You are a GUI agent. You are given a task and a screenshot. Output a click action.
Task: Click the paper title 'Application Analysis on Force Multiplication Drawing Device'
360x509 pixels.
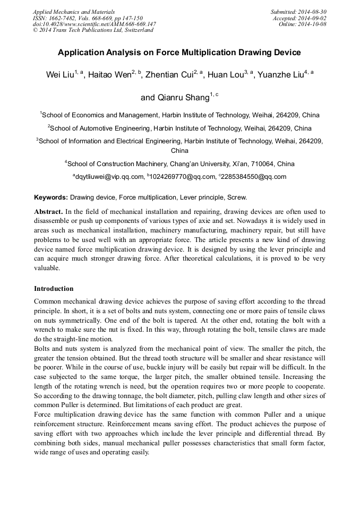pyautogui.click(x=179, y=53)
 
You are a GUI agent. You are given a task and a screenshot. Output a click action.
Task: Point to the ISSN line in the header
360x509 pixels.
pyautogui.click(x=88, y=18)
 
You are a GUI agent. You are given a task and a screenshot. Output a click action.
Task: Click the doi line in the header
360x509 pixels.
pyautogui.click(x=94, y=24)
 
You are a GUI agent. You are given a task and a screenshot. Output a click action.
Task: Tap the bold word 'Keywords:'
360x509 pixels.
pyautogui.click(x=51, y=197)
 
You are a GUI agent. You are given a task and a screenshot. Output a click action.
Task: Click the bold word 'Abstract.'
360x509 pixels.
pyautogui.click(x=49, y=211)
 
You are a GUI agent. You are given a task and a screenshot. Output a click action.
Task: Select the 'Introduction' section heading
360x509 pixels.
pyautogui.click(x=54, y=289)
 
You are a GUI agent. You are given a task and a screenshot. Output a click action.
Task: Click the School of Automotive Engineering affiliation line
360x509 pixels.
pyautogui.click(x=179, y=128)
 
